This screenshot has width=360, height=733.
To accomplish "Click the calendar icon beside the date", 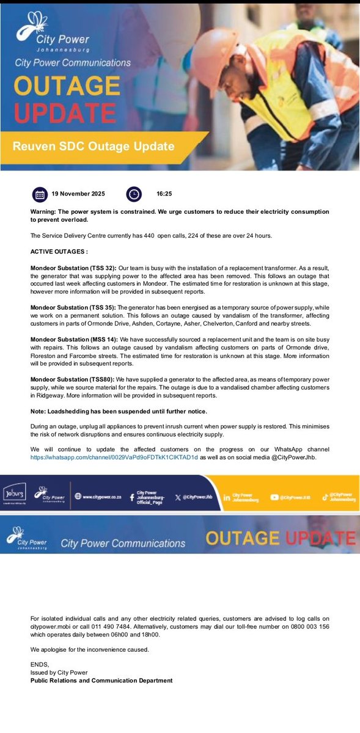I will point(40,194).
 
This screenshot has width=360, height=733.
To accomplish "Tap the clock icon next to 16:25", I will point(134,194).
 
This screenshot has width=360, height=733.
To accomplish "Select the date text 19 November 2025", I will point(78,194).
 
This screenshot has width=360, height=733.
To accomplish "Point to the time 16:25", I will point(164,194).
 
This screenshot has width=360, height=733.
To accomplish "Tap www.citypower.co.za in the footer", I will point(101,497).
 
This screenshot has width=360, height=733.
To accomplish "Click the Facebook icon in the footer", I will point(131,497).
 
